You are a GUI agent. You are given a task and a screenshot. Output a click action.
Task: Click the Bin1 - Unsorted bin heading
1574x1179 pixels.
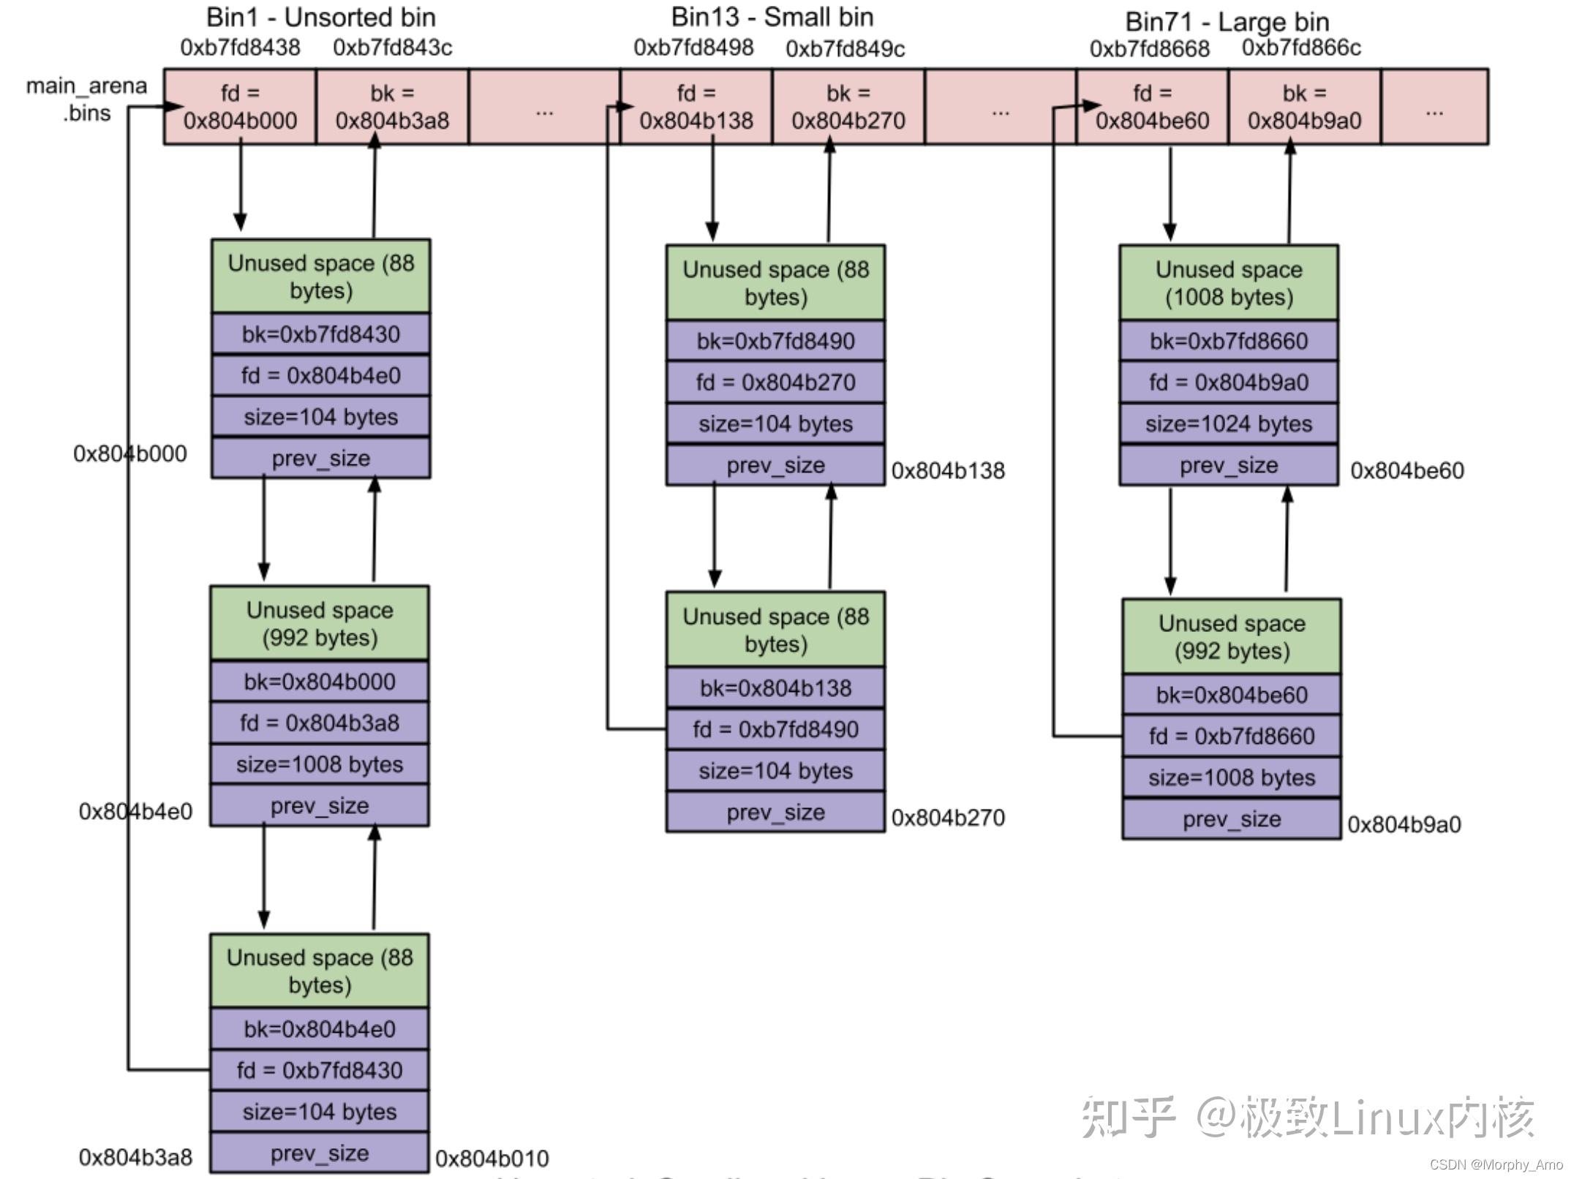(320, 17)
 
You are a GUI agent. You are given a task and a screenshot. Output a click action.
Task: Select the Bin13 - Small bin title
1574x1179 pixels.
(772, 17)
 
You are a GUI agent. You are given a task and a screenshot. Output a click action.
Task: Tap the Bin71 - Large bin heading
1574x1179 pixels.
(1227, 22)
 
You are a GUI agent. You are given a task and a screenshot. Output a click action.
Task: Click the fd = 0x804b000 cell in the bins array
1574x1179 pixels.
(240, 107)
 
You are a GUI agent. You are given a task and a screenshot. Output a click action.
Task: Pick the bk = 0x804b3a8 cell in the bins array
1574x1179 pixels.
(392, 107)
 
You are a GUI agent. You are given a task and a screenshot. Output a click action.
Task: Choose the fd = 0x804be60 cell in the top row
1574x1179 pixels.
(1152, 107)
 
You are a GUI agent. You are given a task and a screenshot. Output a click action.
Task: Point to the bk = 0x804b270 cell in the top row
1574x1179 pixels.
(848, 107)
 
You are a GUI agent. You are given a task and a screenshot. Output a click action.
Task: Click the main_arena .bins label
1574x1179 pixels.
(86, 99)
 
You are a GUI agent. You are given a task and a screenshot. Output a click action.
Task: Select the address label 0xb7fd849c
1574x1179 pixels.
(845, 49)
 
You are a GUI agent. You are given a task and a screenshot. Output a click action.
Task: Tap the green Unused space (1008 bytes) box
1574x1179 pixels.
(1228, 283)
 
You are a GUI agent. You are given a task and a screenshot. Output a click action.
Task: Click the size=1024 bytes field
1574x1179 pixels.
(1228, 423)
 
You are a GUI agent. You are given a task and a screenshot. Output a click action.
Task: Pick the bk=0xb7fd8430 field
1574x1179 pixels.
(320, 334)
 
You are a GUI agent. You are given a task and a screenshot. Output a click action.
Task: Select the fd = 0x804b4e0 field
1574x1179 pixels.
(320, 376)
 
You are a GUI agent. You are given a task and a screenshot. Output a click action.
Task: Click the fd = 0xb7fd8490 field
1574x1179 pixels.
(775, 729)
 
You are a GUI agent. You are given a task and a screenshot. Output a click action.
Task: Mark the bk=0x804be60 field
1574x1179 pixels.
(1231, 695)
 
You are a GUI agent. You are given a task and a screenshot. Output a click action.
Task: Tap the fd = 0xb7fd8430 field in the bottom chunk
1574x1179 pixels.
(319, 1070)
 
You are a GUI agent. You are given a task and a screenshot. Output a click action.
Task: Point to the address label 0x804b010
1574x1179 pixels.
(492, 1159)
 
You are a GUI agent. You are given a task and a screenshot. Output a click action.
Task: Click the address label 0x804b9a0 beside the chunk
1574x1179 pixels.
(1404, 824)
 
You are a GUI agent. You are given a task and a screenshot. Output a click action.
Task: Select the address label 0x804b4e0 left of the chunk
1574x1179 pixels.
(135, 811)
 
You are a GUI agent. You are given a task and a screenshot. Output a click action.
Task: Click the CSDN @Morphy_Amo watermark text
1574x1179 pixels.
(1495, 1164)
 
